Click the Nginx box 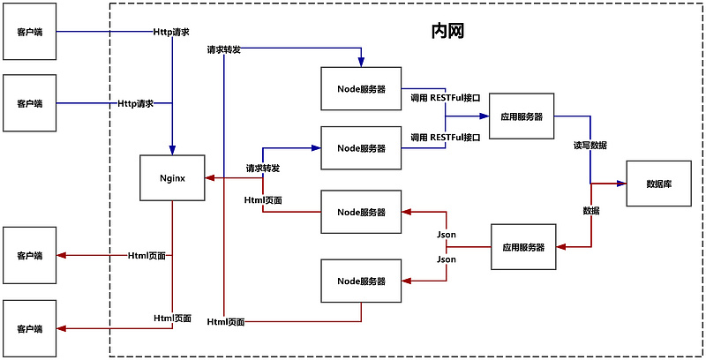(x=172, y=177)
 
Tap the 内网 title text (x=447, y=32)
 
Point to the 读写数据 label (x=590, y=145)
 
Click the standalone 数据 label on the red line (x=591, y=211)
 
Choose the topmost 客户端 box (x=29, y=32)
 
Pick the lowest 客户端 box (x=29, y=328)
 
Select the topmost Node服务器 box (x=361, y=89)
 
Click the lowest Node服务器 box (x=361, y=281)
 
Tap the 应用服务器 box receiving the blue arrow (x=521, y=116)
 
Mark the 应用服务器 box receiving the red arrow (x=523, y=247)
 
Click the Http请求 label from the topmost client (x=171, y=32)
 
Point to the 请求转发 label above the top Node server (x=224, y=49)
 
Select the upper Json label (x=447, y=235)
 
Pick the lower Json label (x=447, y=259)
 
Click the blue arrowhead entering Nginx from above (x=172, y=150)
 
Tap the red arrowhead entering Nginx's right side (x=209, y=177)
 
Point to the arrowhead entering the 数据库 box (x=621, y=184)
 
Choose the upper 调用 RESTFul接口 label (x=446, y=98)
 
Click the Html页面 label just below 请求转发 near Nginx (x=263, y=200)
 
